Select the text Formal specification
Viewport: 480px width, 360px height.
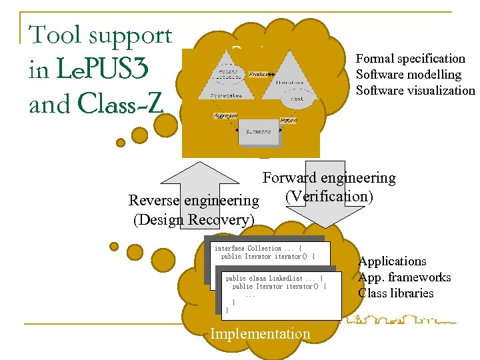point(410,59)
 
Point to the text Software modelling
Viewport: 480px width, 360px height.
point(408,75)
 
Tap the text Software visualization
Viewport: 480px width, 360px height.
point(415,91)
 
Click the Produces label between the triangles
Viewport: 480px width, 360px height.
point(261,73)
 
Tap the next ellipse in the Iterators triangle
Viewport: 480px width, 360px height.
point(298,99)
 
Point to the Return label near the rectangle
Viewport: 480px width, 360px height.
point(288,120)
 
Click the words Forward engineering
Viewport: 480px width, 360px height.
point(329,178)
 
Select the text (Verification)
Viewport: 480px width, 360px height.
point(329,196)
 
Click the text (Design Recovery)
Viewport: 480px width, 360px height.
point(194,219)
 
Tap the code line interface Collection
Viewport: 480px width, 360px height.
point(259,248)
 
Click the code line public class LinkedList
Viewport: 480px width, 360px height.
point(273,278)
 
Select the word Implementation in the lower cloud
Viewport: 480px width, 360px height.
point(260,333)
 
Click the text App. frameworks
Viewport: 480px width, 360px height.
point(404,277)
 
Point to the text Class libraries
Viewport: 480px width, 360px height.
point(395,293)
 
